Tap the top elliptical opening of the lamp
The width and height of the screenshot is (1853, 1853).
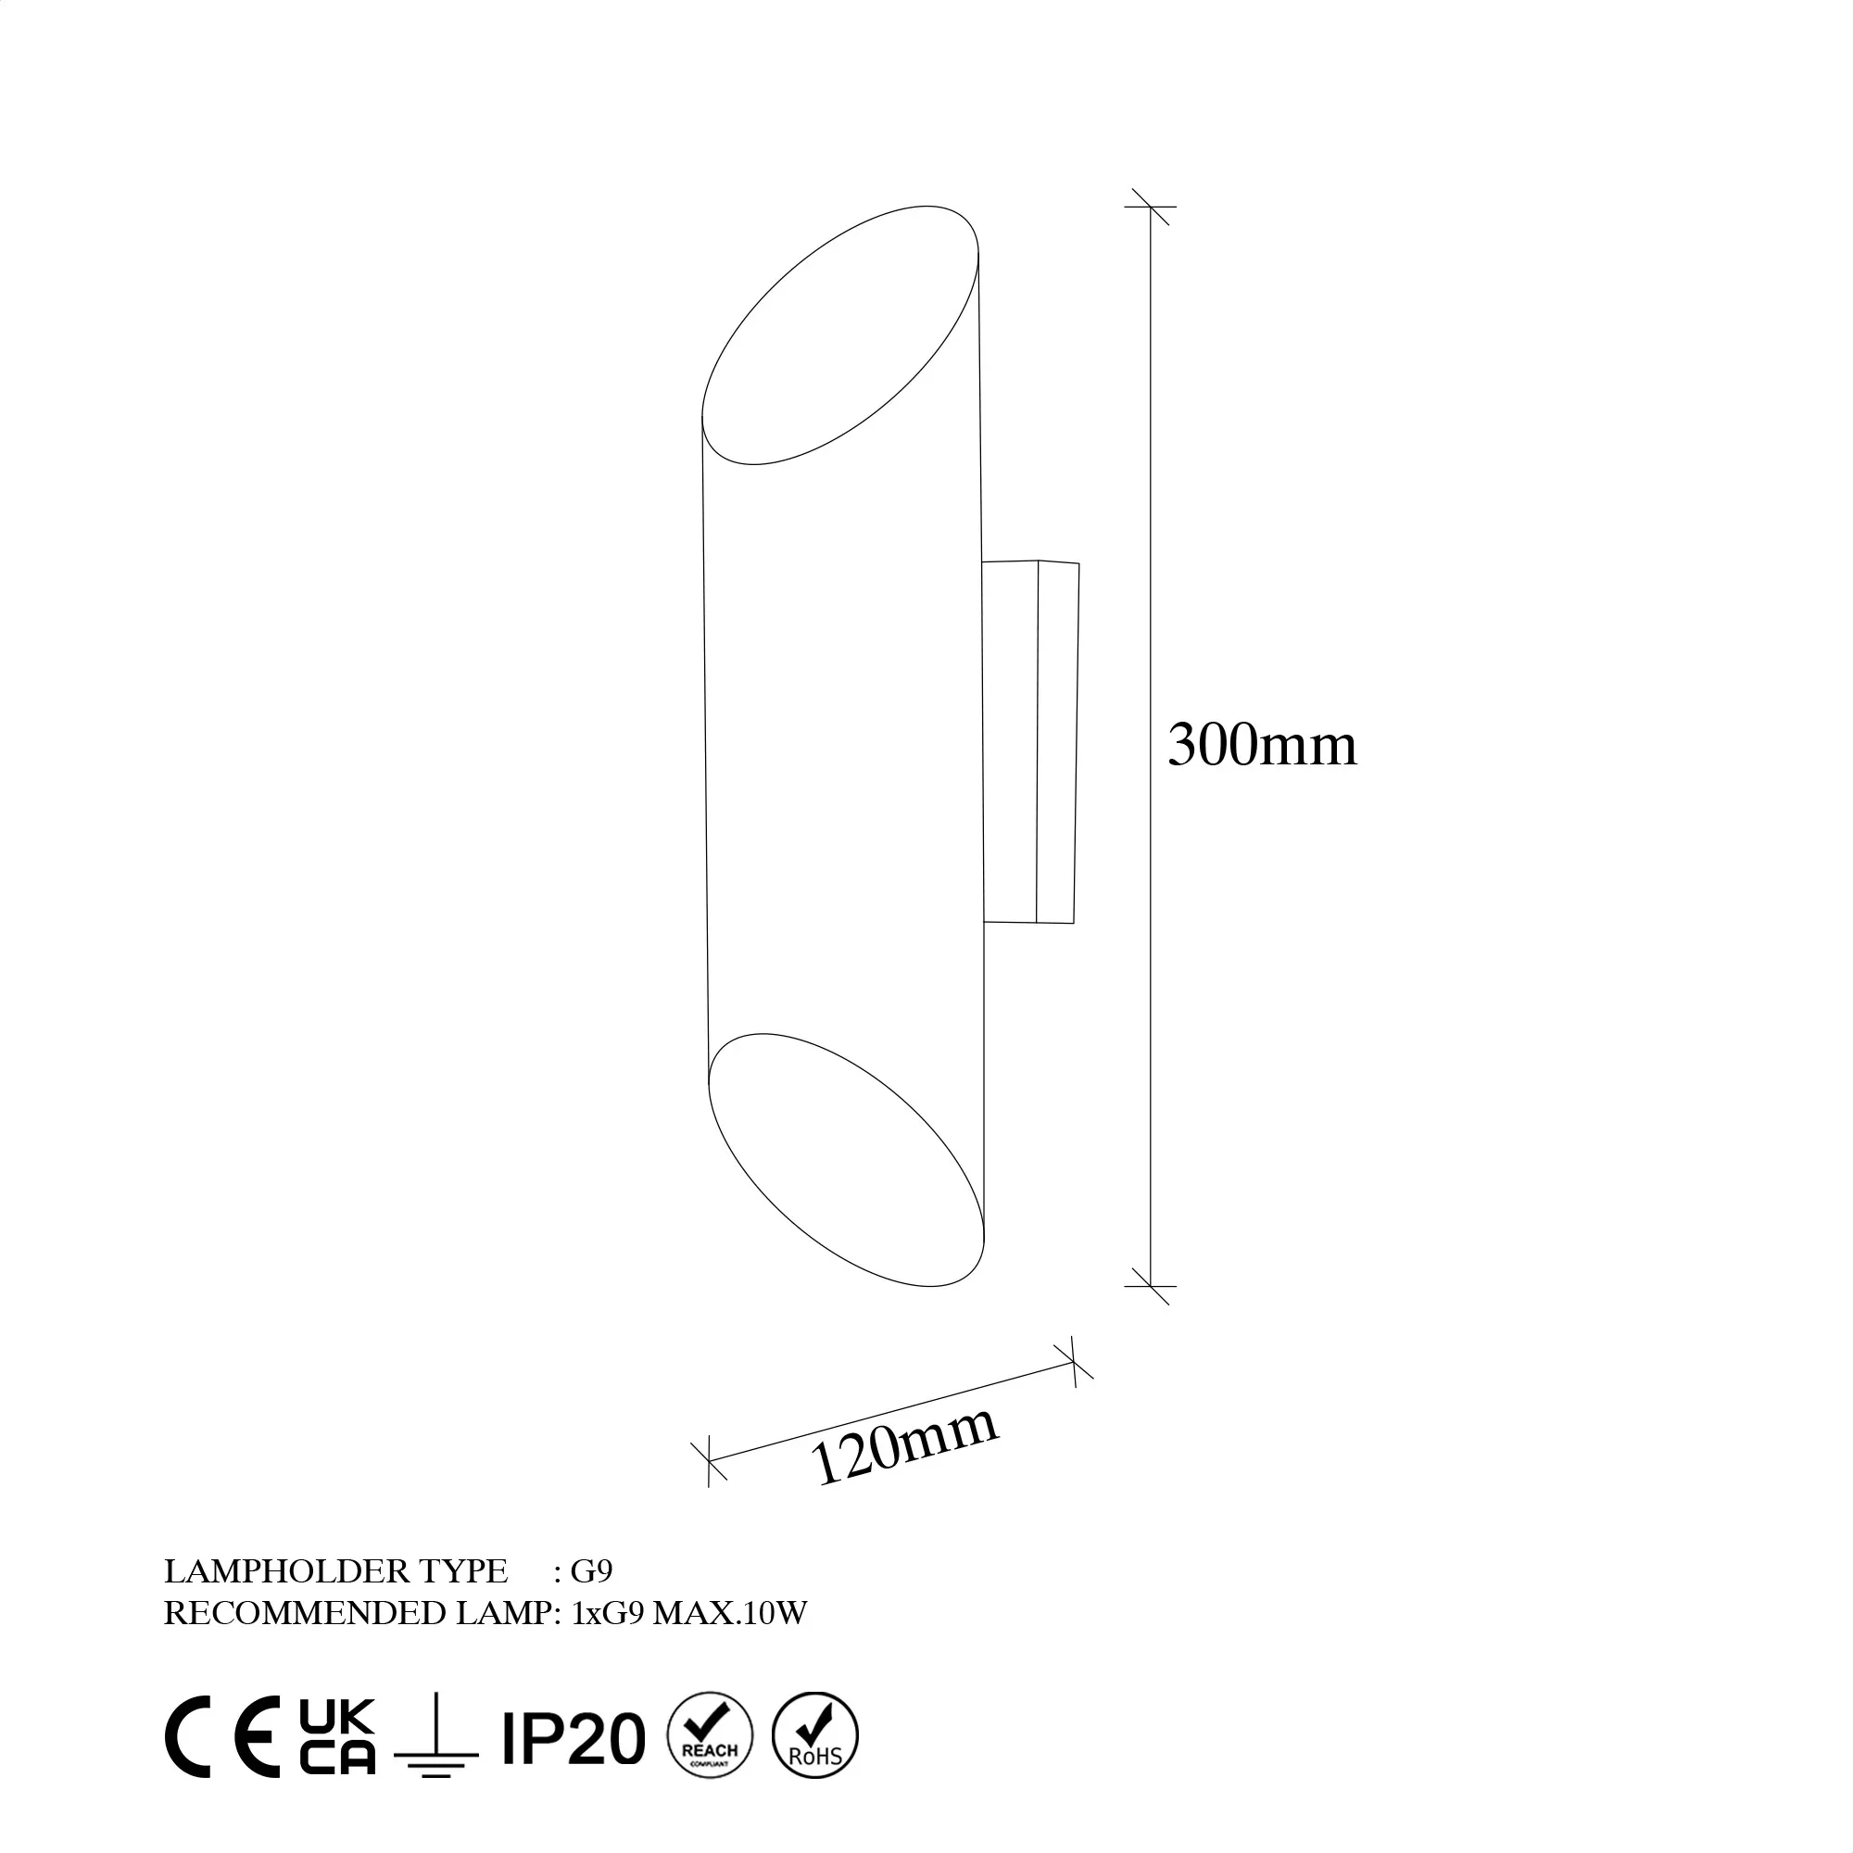(840, 334)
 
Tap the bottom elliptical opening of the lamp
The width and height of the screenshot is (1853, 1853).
(846, 1160)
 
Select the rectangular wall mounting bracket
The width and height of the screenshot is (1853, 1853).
(1030, 741)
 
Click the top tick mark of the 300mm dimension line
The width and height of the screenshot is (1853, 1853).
(1150, 207)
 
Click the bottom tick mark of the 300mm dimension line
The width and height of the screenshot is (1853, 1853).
(1150, 1285)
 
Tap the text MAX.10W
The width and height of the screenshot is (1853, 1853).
(730, 1613)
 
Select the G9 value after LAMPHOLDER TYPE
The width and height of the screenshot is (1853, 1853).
(591, 1570)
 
